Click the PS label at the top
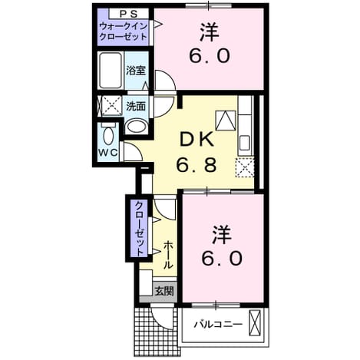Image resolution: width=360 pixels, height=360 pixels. point(129,14)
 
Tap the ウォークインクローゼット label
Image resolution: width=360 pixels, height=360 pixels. point(124,31)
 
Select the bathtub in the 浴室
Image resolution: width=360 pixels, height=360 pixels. point(111,71)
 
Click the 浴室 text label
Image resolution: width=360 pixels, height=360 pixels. point(136,70)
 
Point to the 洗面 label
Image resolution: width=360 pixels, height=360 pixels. point(136,106)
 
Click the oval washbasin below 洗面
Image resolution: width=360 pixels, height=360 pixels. point(137,127)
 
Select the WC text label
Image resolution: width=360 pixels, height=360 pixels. point(108,153)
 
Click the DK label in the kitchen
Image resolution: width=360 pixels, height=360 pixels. point(197,140)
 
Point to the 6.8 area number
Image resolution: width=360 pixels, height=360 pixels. point(197,165)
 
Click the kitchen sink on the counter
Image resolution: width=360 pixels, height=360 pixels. point(245,143)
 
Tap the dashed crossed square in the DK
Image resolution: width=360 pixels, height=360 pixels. point(245,167)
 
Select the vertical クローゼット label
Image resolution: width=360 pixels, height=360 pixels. point(140,229)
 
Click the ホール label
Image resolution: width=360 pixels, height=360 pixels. point(168,255)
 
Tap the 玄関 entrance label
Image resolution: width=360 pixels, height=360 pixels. point(165,291)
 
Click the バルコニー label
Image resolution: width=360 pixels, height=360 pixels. point(217,325)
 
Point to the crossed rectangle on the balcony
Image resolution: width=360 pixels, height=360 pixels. point(255,322)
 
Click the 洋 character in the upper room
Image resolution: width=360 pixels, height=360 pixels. point(210,32)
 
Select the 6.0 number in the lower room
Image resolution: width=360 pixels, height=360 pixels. point(222,258)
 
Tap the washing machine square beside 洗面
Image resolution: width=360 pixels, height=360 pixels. point(112,105)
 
